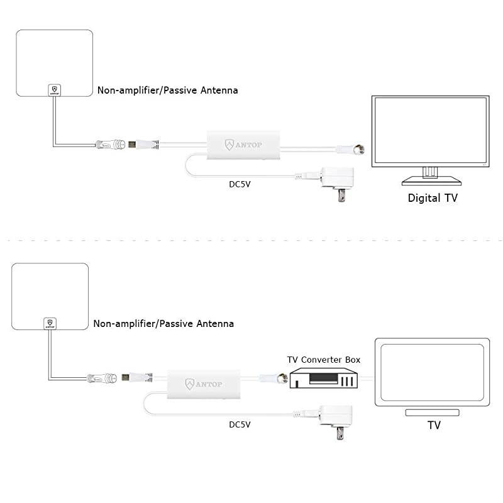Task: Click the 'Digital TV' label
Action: [x=433, y=198]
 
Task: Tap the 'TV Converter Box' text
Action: [x=324, y=360]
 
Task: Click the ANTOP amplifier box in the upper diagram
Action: [x=243, y=145]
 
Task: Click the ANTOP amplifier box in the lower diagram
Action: [x=204, y=383]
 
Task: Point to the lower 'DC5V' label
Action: [x=240, y=424]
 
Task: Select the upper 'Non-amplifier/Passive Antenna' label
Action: [x=167, y=91]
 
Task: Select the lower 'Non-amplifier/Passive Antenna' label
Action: [x=163, y=324]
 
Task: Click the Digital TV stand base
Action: [x=430, y=180]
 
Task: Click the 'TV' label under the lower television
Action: [x=434, y=426]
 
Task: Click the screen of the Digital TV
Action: [x=430, y=131]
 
